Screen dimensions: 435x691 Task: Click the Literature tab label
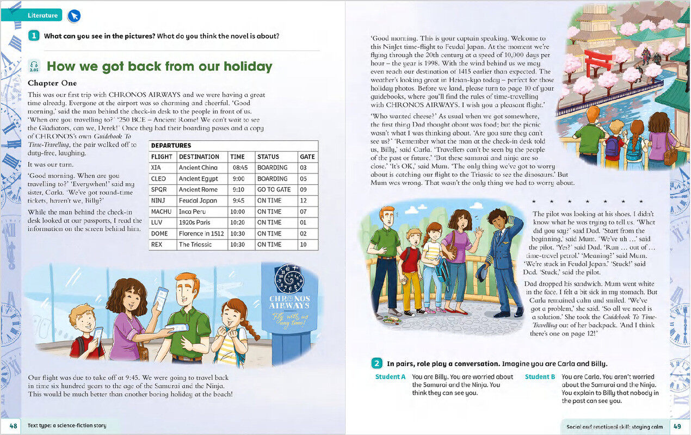coord(42,15)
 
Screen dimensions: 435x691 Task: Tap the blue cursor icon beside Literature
coord(74,16)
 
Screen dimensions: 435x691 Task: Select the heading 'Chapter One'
coord(52,83)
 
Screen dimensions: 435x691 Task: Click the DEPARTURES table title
coord(171,146)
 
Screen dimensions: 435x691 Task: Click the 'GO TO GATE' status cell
coord(274,189)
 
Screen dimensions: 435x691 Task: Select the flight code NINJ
coord(159,201)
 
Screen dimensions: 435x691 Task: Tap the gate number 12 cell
coord(304,201)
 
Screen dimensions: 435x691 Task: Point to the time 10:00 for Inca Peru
coord(237,212)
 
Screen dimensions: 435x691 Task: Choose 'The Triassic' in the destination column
coord(196,245)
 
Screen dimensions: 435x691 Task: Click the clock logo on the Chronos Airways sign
coord(289,278)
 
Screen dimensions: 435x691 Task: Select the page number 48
coord(13,425)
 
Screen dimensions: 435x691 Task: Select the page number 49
coord(677,426)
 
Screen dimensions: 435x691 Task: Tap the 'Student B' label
coord(540,377)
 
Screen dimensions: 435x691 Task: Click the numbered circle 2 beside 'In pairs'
coord(377,363)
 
